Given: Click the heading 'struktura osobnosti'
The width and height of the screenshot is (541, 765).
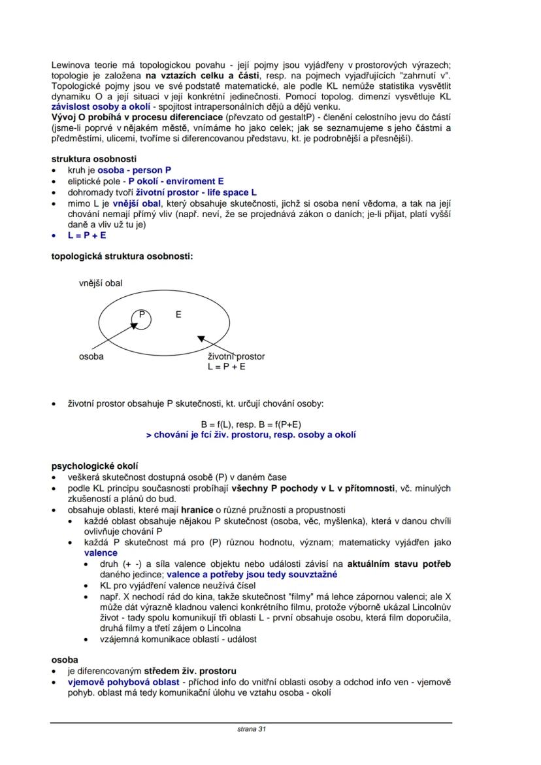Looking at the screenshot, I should pos(93,159).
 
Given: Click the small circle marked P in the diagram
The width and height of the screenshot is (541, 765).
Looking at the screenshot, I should pos(141,318).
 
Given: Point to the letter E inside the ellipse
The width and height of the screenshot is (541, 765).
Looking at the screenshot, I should pos(178,314).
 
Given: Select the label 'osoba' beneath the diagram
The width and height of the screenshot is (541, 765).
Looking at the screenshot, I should pos(91,357).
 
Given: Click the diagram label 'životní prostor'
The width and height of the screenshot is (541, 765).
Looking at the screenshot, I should pos(236,357).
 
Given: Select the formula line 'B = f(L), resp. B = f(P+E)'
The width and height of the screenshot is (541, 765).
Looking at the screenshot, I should pos(251,424).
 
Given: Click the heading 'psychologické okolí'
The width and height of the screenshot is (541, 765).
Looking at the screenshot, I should pos(94,466).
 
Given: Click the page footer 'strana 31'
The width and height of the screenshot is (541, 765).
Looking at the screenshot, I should pos(251,728).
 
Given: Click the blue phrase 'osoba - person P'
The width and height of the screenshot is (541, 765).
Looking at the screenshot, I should pos(135,170).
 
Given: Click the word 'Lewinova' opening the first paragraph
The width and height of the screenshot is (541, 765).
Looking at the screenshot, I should pos(71,65).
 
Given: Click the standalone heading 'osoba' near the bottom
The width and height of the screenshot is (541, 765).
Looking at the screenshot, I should pos(65,660).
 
